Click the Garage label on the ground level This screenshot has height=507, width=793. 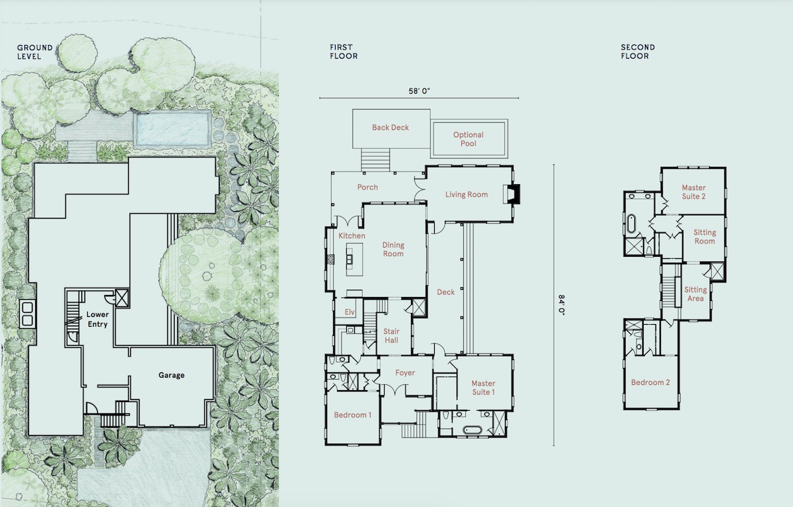pos(171,376)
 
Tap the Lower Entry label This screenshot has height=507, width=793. pos(97,320)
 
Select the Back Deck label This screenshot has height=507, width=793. pos(390,127)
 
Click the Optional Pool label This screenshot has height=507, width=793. pos(468,139)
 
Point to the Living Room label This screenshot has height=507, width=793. pos(467,195)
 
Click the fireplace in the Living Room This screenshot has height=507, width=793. pos(512,193)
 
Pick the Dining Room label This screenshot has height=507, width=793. pos(393,250)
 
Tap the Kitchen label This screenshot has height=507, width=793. pos(352,236)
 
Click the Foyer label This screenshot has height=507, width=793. pos(405,373)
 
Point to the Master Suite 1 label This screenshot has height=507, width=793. pos(483,388)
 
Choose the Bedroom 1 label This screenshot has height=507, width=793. pos(352,415)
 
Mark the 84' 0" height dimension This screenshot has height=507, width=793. pos(562,305)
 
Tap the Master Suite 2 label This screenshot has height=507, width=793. pos(694,192)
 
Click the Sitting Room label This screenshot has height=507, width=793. pos(704,237)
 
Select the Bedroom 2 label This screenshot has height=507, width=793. pos(650,382)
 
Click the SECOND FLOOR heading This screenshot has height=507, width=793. pos(638,51)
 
